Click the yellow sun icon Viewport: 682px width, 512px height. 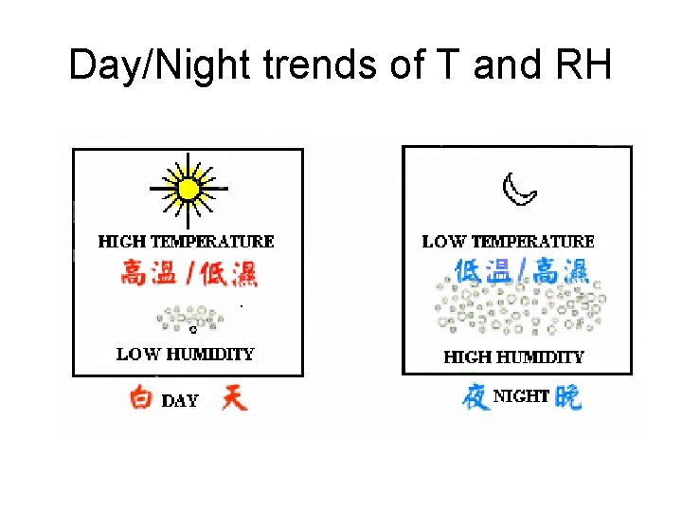click(188, 189)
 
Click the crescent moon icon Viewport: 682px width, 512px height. click(518, 190)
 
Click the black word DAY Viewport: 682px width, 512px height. click(180, 400)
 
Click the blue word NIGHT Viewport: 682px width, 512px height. click(521, 395)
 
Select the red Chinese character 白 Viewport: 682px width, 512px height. click(141, 398)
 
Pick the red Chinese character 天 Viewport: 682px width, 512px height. click(233, 396)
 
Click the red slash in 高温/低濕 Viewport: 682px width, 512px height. click(190, 273)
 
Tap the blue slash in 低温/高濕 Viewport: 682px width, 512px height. click(521, 271)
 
